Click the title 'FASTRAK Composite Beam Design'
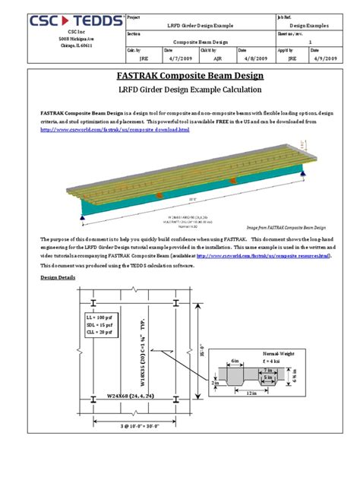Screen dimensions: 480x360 [x=179, y=77]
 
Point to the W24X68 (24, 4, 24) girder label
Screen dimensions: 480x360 [x=130, y=396]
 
